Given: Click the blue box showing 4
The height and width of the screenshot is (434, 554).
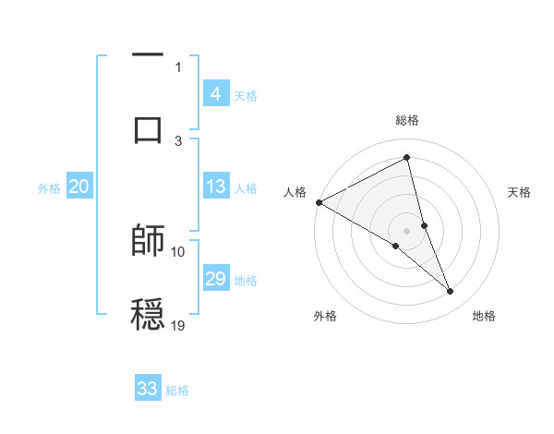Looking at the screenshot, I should click(215, 94).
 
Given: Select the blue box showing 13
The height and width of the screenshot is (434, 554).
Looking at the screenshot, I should click(215, 187).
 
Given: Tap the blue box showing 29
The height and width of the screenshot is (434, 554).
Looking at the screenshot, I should click(215, 279).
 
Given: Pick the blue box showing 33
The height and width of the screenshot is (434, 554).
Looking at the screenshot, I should click(148, 389).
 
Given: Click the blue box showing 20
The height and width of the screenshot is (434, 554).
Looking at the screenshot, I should click(79, 187).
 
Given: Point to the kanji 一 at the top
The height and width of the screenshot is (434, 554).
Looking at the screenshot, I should click(148, 56).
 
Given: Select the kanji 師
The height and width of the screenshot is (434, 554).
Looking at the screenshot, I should click(148, 240).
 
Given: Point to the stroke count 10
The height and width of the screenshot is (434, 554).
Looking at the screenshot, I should click(178, 251).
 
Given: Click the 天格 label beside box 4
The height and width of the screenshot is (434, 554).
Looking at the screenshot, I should click(246, 96).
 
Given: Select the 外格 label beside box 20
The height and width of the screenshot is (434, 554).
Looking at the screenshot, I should click(49, 188).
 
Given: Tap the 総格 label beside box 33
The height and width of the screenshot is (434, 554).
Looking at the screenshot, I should click(177, 391).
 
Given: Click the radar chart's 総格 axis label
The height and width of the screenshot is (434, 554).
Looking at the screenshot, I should click(406, 120).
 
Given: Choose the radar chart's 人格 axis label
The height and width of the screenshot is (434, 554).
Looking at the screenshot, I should click(295, 192).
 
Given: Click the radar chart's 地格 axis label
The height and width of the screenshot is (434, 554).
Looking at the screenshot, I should click(484, 316).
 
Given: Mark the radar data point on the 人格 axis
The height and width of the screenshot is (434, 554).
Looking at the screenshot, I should click(319, 202).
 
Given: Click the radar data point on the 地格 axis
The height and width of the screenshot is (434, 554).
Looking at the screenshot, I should click(451, 292).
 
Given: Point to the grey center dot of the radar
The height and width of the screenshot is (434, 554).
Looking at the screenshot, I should click(406, 231).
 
